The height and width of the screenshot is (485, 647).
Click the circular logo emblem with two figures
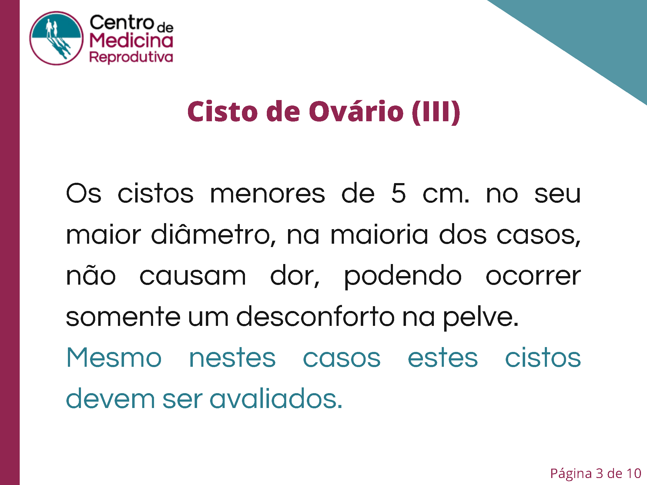point(56,38)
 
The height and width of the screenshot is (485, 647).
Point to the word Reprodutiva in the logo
point(131,57)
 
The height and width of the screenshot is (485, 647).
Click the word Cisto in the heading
point(223,112)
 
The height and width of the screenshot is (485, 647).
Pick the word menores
point(267,194)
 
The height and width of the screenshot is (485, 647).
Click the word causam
point(193,276)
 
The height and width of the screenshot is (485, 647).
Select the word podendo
point(403,276)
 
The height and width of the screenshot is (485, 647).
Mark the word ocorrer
point(533,276)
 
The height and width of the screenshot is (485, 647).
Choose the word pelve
point(481,318)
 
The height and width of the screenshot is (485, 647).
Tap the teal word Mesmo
point(114,358)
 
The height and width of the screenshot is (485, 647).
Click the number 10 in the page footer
point(634,473)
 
